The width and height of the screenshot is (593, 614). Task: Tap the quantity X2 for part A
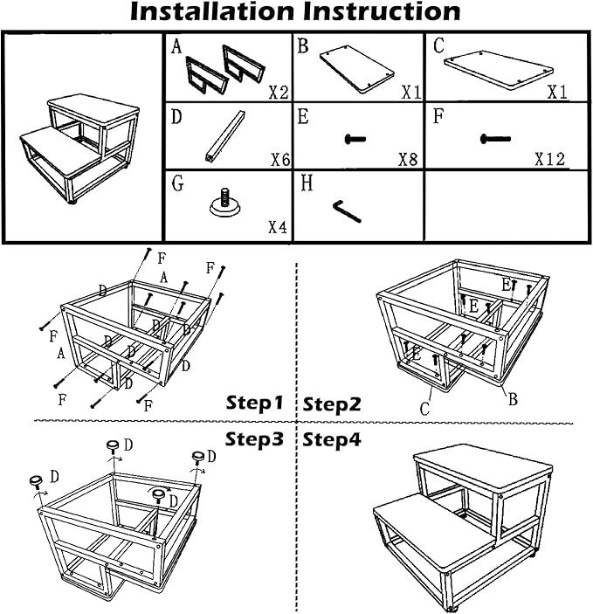click(x=278, y=92)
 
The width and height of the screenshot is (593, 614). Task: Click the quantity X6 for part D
click(x=278, y=160)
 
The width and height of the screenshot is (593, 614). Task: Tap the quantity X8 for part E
click(x=409, y=160)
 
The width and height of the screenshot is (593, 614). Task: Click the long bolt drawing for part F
click(x=494, y=138)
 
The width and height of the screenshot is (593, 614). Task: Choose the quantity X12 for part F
click(x=549, y=160)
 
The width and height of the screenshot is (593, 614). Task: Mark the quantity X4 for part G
click(x=277, y=228)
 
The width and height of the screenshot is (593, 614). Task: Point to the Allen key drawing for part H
click(x=347, y=210)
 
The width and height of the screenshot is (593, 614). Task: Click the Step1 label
click(x=255, y=404)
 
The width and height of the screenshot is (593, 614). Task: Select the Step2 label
click(x=332, y=404)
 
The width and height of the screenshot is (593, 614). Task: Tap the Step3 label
click(x=255, y=438)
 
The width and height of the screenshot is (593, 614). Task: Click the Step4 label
click(x=332, y=439)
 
